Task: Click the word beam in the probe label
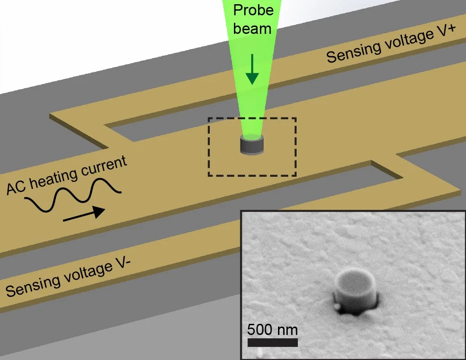(x=252, y=28)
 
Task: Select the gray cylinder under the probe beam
(x=252, y=145)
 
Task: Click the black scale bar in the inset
(x=272, y=342)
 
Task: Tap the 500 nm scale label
(x=272, y=330)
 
